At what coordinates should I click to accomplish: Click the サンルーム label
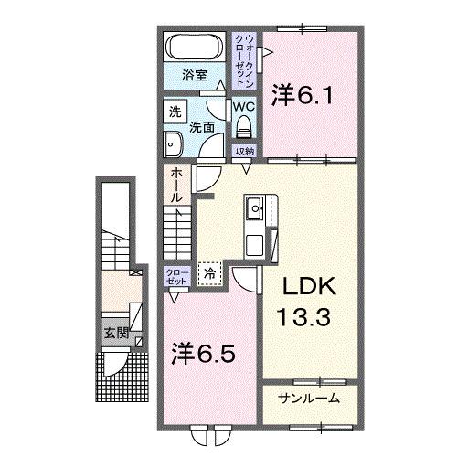pos(309,398)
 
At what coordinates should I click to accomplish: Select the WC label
pos(242,106)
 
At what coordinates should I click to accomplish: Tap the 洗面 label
pos(202,128)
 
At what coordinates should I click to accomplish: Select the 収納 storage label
pos(243,152)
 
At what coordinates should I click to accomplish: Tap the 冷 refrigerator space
pos(209,273)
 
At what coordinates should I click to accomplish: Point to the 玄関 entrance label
pos(114,331)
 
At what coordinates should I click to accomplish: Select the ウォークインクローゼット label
pos(243,58)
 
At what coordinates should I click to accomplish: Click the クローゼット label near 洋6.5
pos(176,277)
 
